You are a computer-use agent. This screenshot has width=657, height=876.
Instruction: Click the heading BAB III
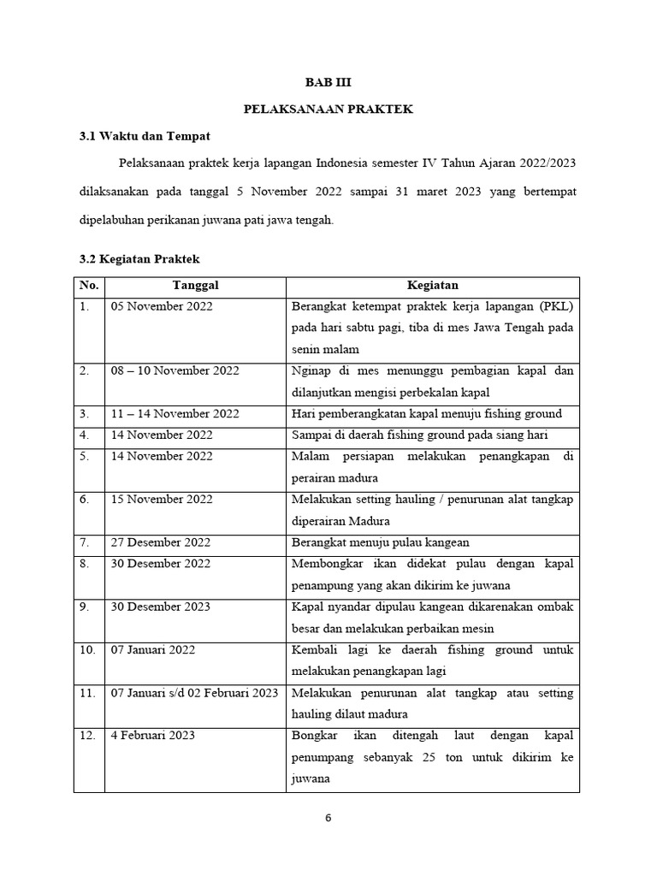click(x=328, y=82)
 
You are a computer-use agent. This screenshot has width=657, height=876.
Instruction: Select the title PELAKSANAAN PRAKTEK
click(x=328, y=109)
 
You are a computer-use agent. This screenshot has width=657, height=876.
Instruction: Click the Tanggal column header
click(x=195, y=285)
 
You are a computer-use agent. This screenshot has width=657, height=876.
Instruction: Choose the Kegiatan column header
click(x=432, y=285)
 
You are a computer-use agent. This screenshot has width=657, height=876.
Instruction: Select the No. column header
click(x=88, y=285)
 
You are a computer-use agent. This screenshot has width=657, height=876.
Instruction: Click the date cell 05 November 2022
click(x=162, y=306)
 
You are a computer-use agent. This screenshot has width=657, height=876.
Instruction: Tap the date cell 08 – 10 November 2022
click(x=175, y=370)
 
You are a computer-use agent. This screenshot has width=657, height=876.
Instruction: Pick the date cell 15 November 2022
click(x=162, y=499)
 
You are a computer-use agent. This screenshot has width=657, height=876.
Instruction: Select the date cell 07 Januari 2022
click(x=152, y=649)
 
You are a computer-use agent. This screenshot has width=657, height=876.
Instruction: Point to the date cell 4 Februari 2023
click(x=152, y=735)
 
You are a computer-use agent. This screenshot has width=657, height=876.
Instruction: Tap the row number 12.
click(x=88, y=735)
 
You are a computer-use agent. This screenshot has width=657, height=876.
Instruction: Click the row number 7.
click(x=85, y=542)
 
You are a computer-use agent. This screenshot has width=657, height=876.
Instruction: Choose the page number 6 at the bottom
click(x=328, y=817)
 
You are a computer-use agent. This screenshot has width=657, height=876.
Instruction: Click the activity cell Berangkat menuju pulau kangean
click(x=380, y=542)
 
